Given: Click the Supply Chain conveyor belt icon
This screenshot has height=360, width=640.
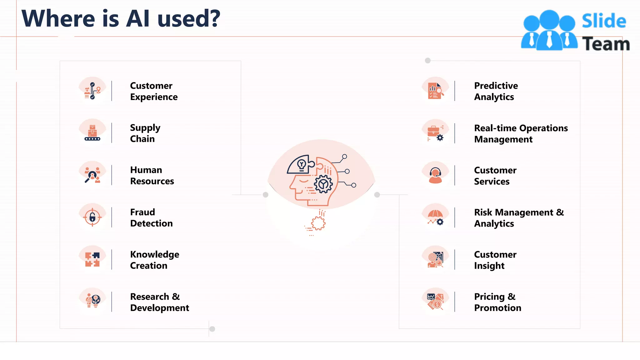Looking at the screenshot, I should click(x=92, y=133).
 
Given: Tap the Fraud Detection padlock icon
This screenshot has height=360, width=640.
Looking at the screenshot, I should click(x=92, y=217).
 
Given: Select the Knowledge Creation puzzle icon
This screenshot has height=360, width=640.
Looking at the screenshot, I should click(x=92, y=259).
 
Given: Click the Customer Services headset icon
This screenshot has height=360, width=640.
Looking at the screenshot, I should click(x=435, y=175).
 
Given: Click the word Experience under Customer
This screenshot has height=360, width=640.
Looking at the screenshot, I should click(x=154, y=97).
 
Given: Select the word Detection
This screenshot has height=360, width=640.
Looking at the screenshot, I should click(x=151, y=223).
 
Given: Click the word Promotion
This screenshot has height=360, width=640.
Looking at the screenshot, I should click(x=497, y=308).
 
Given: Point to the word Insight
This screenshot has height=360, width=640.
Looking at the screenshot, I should click(x=489, y=266).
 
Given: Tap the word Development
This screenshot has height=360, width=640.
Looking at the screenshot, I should click(x=159, y=308).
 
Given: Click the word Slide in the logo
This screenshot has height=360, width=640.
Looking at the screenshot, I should click(x=604, y=21).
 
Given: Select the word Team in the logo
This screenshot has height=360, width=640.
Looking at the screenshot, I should click(x=606, y=44).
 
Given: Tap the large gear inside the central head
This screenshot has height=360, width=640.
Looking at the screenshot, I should click(x=323, y=184).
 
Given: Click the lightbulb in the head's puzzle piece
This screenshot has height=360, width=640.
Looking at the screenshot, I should click(x=301, y=164).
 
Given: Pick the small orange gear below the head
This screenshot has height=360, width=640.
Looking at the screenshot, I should click(x=318, y=223).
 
